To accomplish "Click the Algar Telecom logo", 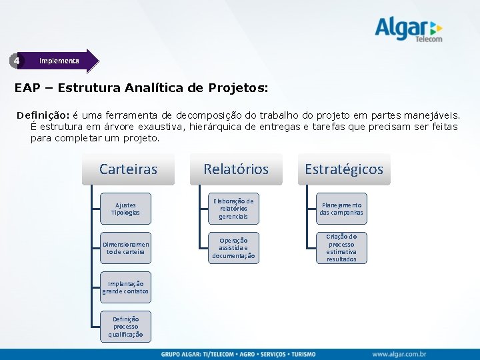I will click(x=407, y=30).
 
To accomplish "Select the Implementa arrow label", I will click(x=59, y=61).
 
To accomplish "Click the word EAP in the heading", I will click(x=27, y=88).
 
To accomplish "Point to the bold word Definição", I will click(x=43, y=115).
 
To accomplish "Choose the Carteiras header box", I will click(x=128, y=169).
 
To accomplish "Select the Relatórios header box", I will click(x=235, y=169).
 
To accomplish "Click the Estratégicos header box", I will click(x=344, y=169).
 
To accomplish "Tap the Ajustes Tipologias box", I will click(x=125, y=209).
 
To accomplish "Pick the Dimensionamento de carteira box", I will click(x=125, y=248).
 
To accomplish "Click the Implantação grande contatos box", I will click(x=125, y=287).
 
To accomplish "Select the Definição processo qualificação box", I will click(x=125, y=327).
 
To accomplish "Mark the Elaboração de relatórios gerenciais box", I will click(x=233, y=209).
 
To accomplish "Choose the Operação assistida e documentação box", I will click(x=233, y=248).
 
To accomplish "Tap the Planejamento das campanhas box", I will click(x=341, y=209).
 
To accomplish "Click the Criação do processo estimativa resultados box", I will click(x=341, y=248).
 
